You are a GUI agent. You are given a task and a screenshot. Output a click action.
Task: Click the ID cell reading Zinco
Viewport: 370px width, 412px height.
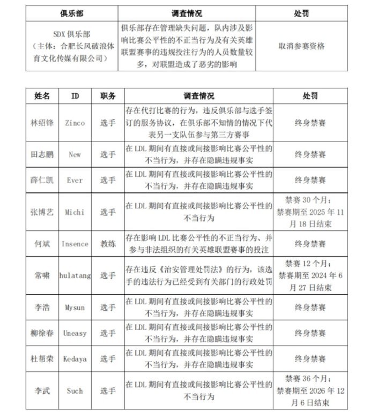pos(75,123)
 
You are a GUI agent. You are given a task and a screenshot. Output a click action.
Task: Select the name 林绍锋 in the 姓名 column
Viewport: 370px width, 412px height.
pos(42,123)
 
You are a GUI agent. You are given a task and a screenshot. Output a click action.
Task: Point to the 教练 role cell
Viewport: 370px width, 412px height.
pos(108,244)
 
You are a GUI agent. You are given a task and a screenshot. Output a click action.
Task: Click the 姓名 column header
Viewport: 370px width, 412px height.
pos(42,96)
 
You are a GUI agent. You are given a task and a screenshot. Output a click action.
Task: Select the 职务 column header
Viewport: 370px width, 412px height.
pos(108,96)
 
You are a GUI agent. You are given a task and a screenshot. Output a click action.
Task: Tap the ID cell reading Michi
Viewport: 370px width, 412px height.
pos(75,212)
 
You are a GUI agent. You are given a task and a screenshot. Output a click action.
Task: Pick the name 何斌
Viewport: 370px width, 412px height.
pos(42,244)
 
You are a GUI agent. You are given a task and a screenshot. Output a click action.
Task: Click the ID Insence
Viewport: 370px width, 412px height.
pos(75,244)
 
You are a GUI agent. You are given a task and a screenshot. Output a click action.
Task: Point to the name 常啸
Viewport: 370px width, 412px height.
pos(42,275)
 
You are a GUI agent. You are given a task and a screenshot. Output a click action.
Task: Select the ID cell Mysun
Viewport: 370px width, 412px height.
pos(75,308)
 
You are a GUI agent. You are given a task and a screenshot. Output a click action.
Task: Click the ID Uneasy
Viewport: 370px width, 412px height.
pos(75,333)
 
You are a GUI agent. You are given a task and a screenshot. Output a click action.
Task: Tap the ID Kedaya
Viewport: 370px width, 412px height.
pos(75,359)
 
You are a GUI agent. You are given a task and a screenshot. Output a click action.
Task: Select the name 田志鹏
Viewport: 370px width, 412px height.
pos(42,154)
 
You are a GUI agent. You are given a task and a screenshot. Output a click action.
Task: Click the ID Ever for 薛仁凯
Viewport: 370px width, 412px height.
pos(75,180)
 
